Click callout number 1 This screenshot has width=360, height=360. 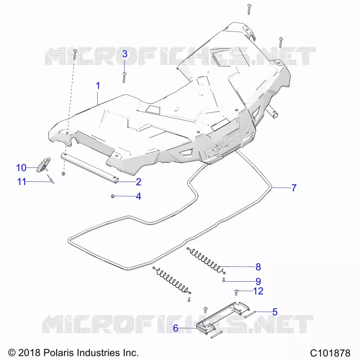coord(98,86)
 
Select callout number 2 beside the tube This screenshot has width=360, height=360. coord(139,182)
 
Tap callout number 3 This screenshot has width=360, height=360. coord(125,54)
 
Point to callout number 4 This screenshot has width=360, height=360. coord(139,196)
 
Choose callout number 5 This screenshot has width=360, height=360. coord(275,312)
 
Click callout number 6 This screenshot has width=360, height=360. coord(175,328)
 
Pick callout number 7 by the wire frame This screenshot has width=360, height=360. coord(294,188)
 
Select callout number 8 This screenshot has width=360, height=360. coord(258,267)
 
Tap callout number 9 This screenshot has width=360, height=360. coord(258,281)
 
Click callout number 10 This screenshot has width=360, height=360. coord(21,167)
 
